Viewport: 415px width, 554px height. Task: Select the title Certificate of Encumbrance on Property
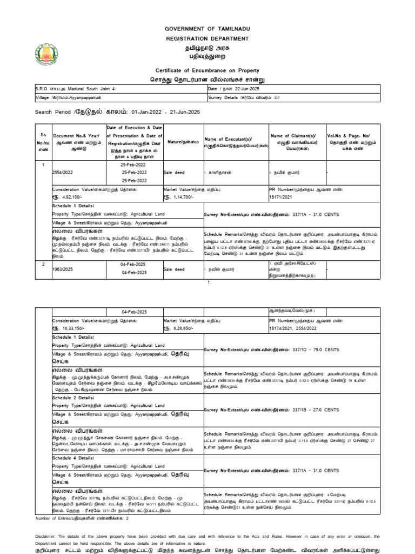[207, 70]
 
